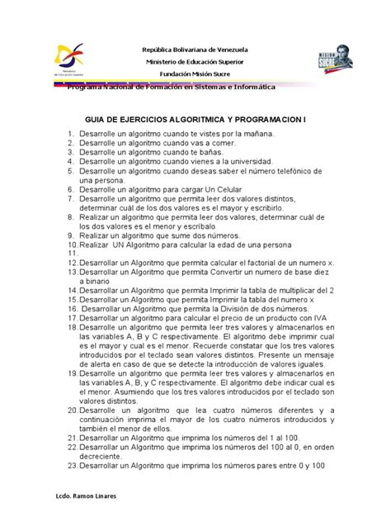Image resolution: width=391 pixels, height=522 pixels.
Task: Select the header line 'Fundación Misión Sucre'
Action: tap(195, 73)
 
